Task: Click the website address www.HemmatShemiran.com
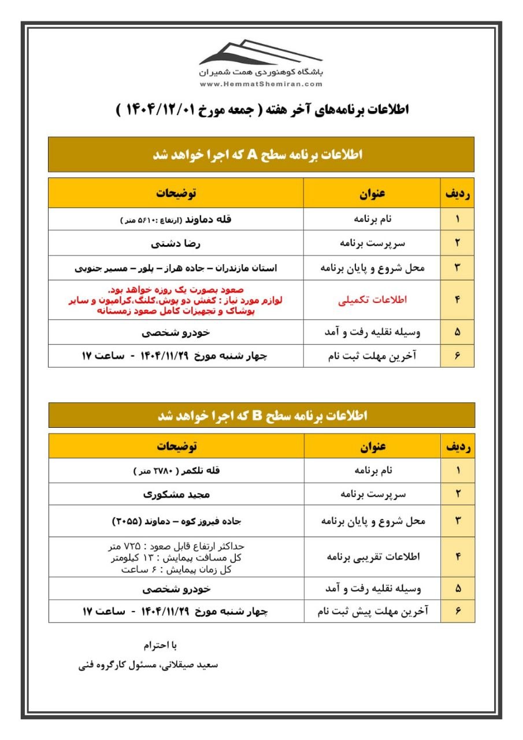pyautogui.click(x=261, y=84)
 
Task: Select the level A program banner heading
pyautogui.click(x=261, y=154)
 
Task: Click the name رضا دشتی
pyautogui.click(x=176, y=243)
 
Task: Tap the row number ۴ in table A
pyautogui.click(x=457, y=299)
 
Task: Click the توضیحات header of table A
pyautogui.click(x=176, y=194)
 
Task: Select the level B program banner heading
pyautogui.click(x=261, y=416)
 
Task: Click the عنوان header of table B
pyautogui.click(x=373, y=446)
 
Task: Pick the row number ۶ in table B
pyautogui.click(x=458, y=610)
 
